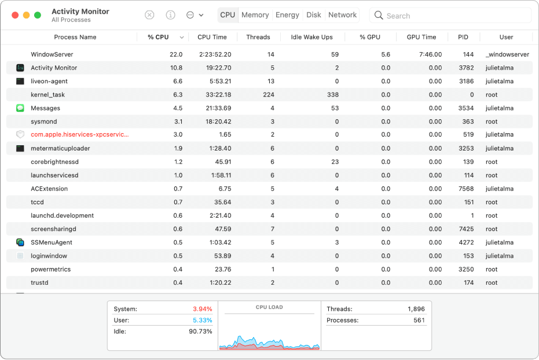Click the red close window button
14,15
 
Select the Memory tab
255,15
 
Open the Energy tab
287,15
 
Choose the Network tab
342,15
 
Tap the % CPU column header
158,37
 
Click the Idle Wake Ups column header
311,37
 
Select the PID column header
463,37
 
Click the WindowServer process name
52,54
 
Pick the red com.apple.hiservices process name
79,135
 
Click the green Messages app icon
20,108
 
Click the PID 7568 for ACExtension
466,189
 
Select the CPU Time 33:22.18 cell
214,95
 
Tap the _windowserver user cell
507,54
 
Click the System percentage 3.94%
202,309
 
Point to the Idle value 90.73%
200,332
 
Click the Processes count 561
419,321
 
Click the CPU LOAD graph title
269,307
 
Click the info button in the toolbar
170,15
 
